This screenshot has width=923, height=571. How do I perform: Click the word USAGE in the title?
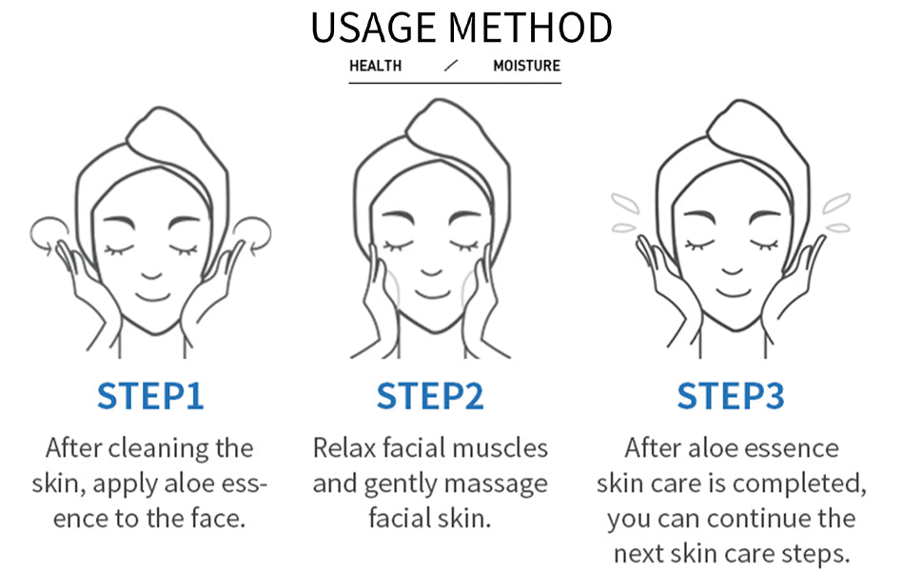373,28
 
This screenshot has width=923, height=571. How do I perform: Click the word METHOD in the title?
530,28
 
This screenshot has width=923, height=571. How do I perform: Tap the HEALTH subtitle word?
375,66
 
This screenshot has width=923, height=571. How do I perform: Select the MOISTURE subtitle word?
526,66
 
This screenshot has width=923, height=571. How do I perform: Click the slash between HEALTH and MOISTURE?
451,66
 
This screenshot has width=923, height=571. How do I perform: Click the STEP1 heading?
150,396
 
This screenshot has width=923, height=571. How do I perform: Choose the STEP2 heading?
430,396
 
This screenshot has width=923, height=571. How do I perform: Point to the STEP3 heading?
731,396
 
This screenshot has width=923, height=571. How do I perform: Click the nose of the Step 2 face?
431,272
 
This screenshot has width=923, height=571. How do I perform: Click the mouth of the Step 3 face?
734,292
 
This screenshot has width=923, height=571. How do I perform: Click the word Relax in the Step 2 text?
344,448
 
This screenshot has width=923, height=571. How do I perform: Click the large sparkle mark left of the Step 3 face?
625,203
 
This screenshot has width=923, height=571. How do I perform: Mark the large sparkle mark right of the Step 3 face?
836,203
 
